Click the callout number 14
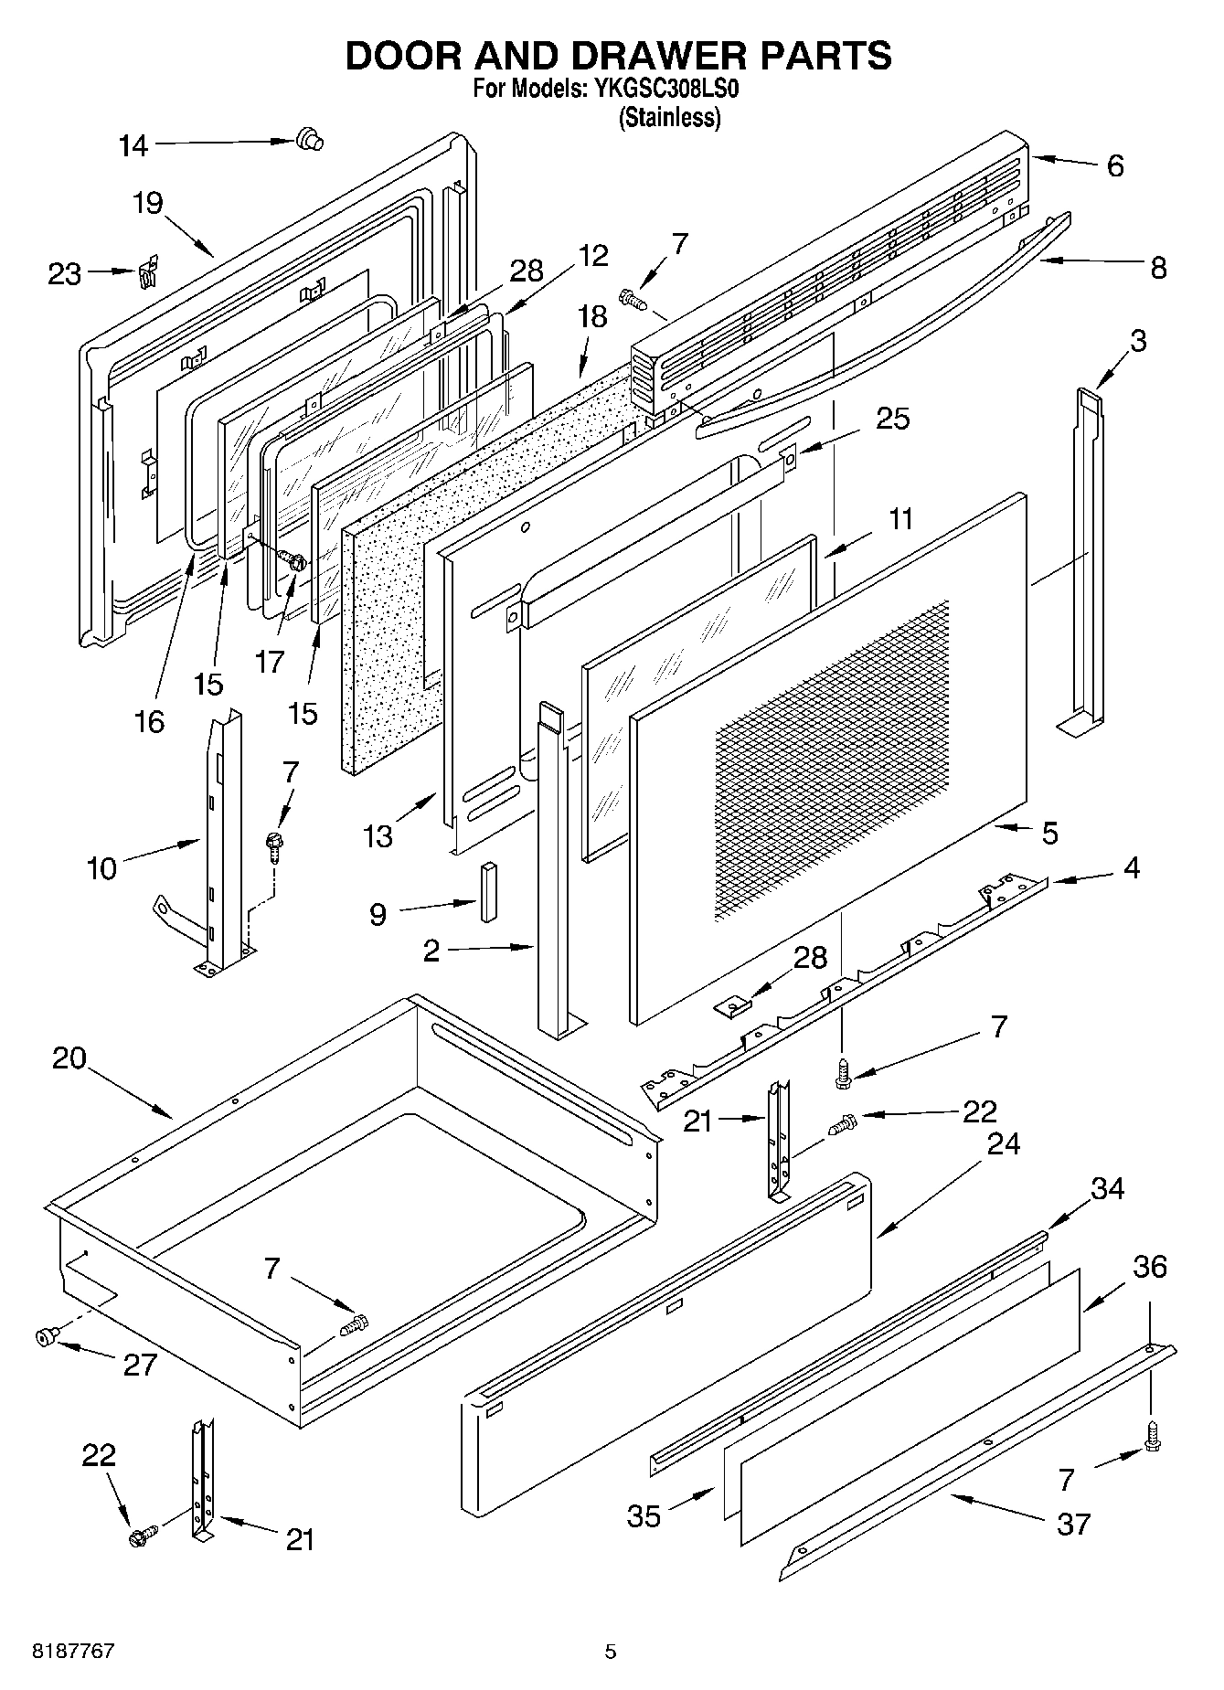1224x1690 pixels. [133, 146]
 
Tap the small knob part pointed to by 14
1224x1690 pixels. [310, 140]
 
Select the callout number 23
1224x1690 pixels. [64, 274]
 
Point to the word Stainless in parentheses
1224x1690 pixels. [669, 118]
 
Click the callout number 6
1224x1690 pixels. [1114, 166]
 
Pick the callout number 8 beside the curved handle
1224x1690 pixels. [1157, 268]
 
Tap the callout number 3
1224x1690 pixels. [1137, 341]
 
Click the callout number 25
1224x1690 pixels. [892, 419]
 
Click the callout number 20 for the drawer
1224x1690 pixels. [69, 1058]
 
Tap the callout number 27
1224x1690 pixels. [140, 1365]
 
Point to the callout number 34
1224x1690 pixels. [1107, 1188]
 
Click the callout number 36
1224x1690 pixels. [1150, 1267]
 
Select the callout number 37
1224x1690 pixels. [1073, 1524]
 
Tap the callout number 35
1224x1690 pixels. [644, 1516]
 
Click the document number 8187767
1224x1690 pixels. [73, 1652]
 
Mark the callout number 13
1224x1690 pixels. [377, 835]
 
